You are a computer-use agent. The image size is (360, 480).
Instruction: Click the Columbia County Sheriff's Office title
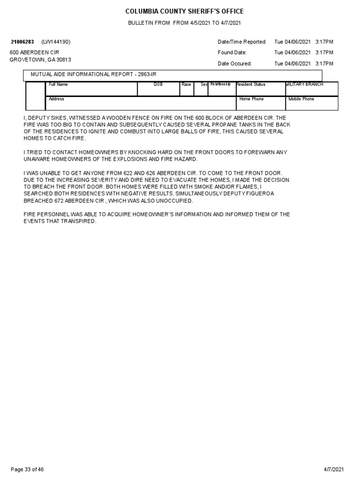184,11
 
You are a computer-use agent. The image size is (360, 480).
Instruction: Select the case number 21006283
22,42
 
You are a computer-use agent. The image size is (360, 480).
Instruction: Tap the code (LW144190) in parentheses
56,42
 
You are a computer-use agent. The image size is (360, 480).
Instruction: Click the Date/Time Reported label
242,42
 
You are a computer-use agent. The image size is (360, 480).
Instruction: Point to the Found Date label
232,52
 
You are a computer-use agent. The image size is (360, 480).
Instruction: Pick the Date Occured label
234,63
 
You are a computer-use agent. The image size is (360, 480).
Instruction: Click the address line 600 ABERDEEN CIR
35,52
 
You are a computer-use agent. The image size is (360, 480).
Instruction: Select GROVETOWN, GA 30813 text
40,60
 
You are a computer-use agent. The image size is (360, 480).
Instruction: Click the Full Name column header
59,84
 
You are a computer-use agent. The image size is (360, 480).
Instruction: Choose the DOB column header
158,84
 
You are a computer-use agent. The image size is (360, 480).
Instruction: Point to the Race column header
186,84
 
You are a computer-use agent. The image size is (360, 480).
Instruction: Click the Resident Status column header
251,84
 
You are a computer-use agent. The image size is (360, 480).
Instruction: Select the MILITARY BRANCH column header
304,84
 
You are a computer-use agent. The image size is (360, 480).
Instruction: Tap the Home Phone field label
252,99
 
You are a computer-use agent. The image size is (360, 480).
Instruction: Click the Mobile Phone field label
301,99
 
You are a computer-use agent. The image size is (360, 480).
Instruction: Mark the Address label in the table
57,99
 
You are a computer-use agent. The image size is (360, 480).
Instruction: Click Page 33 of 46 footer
27,469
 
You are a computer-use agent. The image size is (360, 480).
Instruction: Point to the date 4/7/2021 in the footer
333,469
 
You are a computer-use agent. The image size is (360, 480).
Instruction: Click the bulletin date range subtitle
184,23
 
